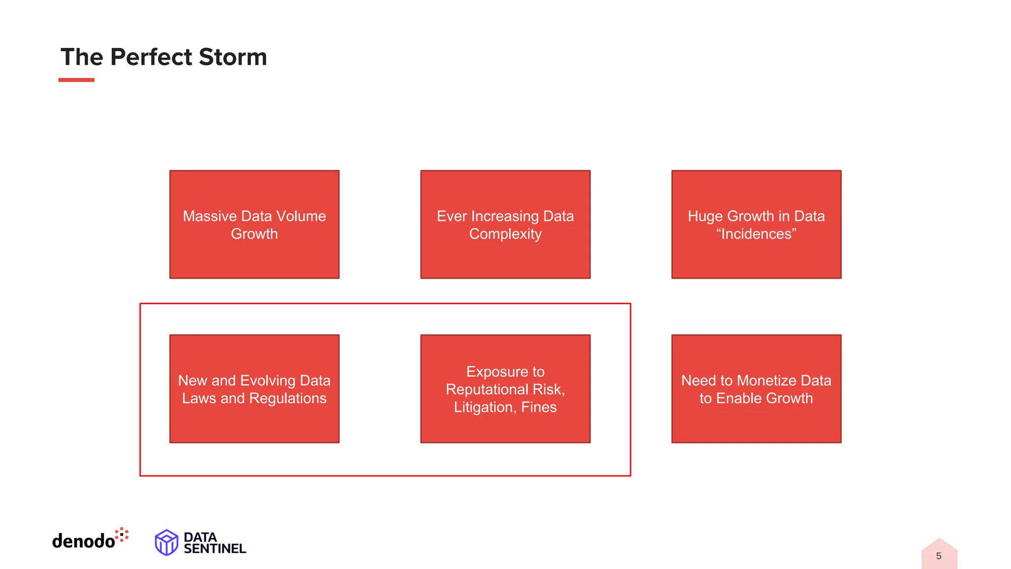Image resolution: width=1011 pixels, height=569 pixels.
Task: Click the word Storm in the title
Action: coord(233,57)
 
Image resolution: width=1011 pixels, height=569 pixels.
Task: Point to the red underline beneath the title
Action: coord(76,80)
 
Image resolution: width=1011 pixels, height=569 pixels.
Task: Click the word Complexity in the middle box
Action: coord(505,234)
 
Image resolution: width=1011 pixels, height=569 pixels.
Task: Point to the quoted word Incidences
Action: coord(756,234)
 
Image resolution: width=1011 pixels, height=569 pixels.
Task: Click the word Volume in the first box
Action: coord(301,216)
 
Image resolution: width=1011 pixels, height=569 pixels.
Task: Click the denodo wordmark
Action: coord(83,541)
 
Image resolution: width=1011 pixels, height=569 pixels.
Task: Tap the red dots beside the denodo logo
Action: coord(122,534)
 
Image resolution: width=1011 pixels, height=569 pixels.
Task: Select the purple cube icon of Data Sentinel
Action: coord(166,542)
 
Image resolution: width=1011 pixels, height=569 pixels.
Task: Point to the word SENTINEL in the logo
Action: coord(215,549)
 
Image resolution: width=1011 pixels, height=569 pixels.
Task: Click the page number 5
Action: coord(938,556)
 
